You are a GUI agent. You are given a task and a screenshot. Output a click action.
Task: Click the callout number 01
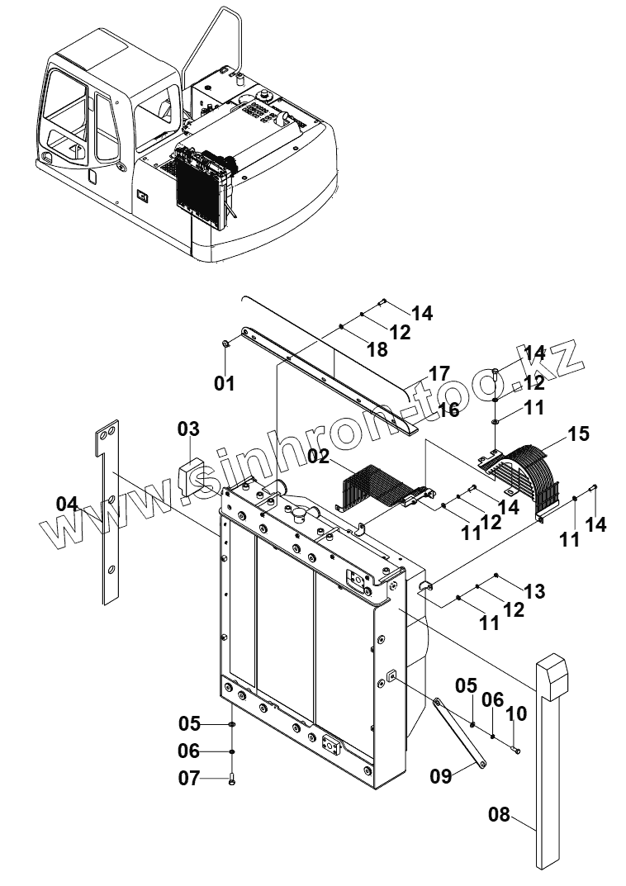tap(225, 383)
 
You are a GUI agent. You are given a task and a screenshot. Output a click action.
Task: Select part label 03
tap(188, 429)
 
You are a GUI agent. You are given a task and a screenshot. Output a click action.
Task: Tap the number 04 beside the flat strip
tap(68, 503)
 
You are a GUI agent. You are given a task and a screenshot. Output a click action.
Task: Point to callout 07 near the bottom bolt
tap(189, 778)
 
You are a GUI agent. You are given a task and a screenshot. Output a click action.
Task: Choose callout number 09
tap(441, 776)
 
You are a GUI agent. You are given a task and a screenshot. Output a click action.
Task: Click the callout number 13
tap(534, 591)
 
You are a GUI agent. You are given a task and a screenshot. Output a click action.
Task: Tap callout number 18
tap(377, 349)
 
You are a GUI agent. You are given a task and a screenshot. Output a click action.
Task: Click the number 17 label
tap(438, 372)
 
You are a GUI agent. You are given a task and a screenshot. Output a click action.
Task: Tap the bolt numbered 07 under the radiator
tap(232, 779)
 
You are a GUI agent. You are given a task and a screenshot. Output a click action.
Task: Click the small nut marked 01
tap(225, 344)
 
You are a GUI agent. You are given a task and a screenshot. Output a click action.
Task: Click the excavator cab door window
tap(105, 124)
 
